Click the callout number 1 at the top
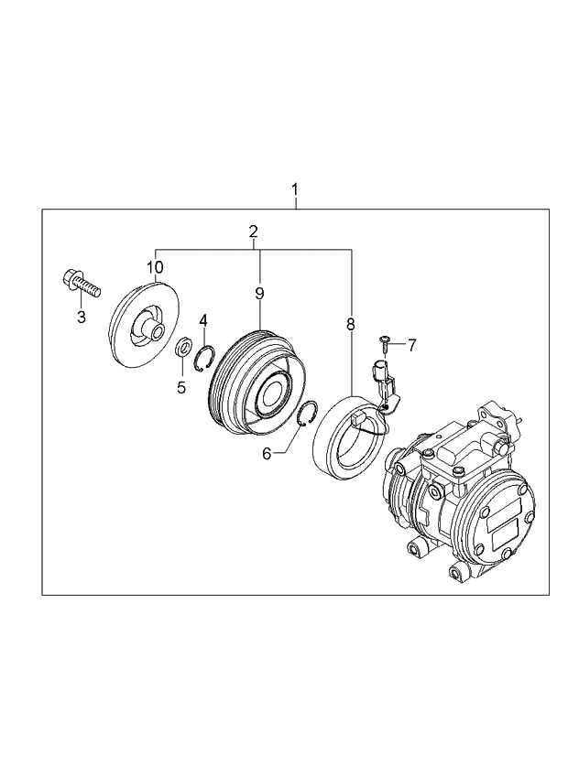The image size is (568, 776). click(295, 189)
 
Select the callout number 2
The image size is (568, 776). click(254, 232)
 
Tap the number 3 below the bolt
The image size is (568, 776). click(81, 317)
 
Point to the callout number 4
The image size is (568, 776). click(203, 320)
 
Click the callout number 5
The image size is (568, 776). click(180, 386)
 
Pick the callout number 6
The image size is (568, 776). click(267, 453)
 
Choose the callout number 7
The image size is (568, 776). click(412, 345)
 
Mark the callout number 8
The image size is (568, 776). click(350, 324)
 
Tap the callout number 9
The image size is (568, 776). click(259, 293)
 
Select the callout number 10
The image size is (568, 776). click(155, 267)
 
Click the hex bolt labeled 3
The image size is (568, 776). click(80, 284)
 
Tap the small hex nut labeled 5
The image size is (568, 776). click(182, 349)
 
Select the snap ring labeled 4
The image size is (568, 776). click(204, 353)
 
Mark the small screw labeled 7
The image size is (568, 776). click(385, 344)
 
